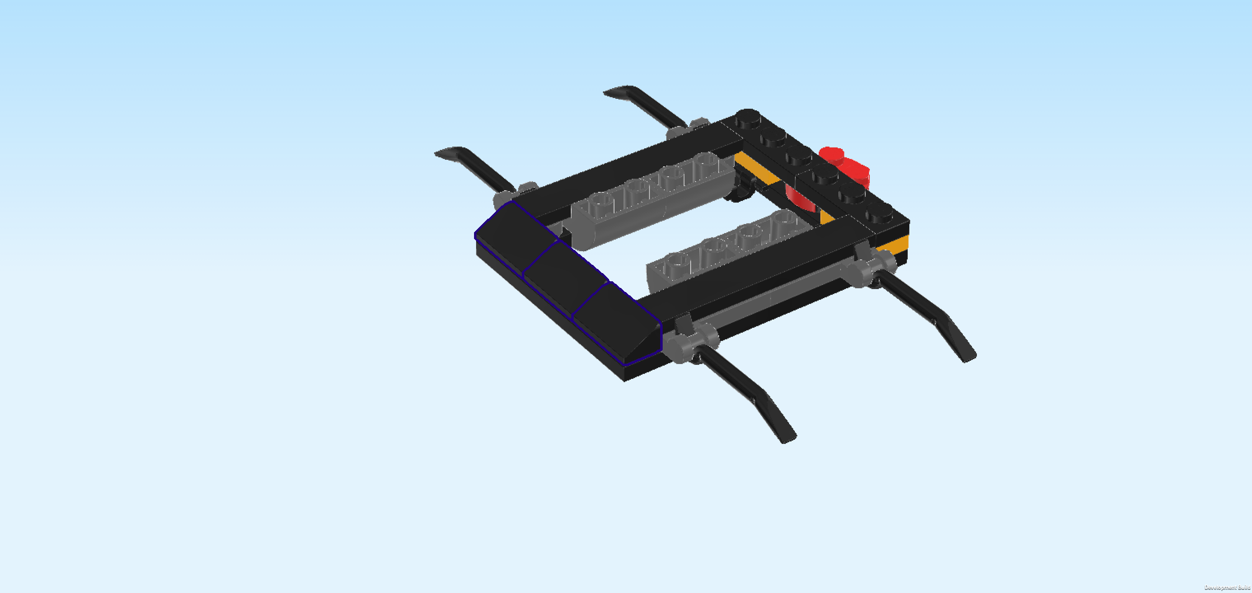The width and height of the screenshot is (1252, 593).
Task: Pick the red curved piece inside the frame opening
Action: (800, 199)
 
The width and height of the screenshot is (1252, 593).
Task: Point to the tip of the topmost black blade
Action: (607, 92)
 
